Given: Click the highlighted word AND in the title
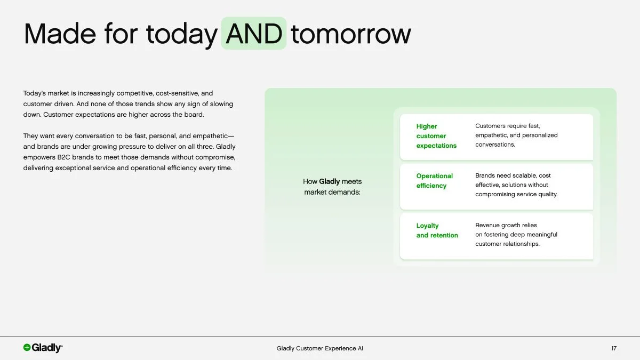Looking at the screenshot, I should tap(254, 34).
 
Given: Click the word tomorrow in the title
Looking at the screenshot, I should tap(351, 34).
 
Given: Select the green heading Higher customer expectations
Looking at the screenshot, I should tap(436, 136).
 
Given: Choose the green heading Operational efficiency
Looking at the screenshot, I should tap(434, 181).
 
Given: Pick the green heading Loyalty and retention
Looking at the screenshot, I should tap(437, 230).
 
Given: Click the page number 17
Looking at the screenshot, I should tap(614, 348).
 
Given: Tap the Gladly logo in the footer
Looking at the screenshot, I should tap(43, 348).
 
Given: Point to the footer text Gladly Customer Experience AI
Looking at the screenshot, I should tap(320, 348).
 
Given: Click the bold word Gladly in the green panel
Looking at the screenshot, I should tap(329, 181).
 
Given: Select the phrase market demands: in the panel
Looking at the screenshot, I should tap(332, 192).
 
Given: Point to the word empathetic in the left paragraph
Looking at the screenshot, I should tap(205, 136).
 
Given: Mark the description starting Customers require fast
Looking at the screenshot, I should tap(516, 135).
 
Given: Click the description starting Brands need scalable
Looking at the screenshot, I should tap(516, 185).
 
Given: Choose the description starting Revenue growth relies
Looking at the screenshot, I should tap(516, 235).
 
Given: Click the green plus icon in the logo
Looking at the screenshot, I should tap(27, 348).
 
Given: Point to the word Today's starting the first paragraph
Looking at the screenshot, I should tap(35, 93).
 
